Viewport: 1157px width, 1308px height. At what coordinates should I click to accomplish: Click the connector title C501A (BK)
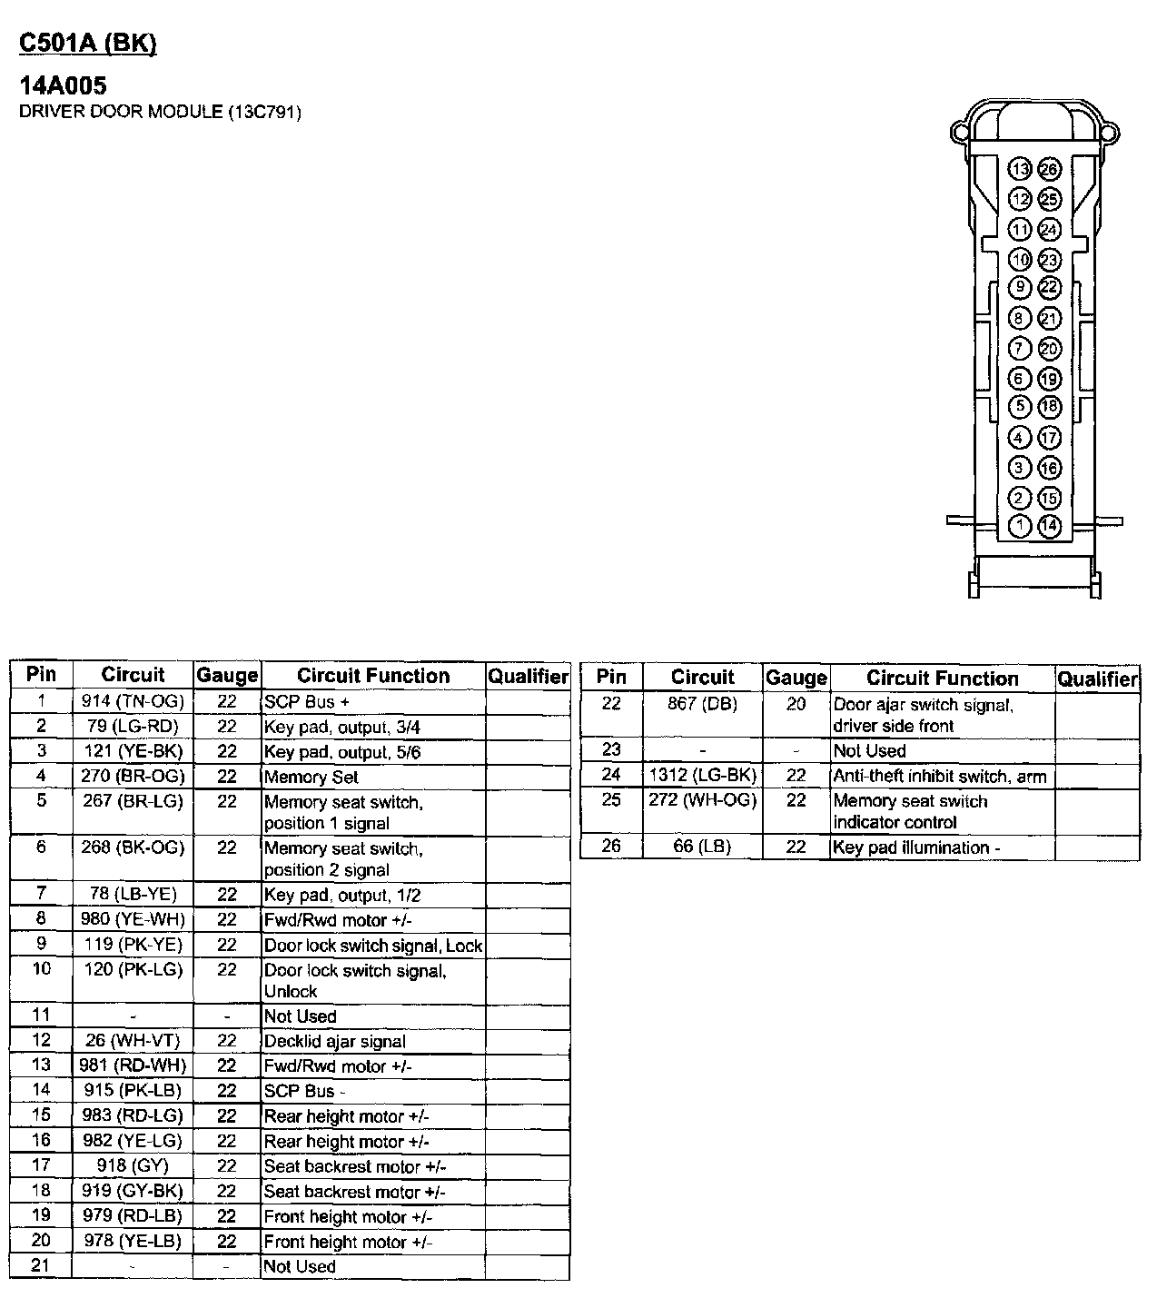[88, 44]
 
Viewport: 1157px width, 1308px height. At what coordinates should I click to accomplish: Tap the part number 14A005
[64, 85]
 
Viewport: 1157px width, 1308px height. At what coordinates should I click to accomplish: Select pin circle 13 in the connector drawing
[1020, 169]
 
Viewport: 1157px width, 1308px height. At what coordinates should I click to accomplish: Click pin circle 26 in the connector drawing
[1050, 169]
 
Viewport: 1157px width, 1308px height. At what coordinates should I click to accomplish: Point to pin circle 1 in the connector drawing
[1020, 525]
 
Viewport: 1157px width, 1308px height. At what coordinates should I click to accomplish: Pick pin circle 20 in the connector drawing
[1050, 348]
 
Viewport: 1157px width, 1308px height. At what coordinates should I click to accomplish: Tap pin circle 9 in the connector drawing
[1020, 288]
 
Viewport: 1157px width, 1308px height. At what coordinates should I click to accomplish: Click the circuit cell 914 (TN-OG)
[133, 701]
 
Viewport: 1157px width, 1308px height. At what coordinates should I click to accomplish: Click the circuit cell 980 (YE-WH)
[133, 919]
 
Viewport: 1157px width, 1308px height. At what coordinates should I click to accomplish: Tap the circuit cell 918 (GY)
[133, 1165]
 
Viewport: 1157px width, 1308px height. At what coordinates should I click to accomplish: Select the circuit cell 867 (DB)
[702, 704]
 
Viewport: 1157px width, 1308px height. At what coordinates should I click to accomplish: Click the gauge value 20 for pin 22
[796, 704]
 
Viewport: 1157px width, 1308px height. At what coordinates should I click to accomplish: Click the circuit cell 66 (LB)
[702, 847]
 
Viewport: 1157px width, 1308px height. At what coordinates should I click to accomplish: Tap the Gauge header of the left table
[227, 676]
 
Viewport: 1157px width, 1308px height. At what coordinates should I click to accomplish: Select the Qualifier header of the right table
[1097, 679]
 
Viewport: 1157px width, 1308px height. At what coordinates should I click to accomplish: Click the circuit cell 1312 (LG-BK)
[702, 776]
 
